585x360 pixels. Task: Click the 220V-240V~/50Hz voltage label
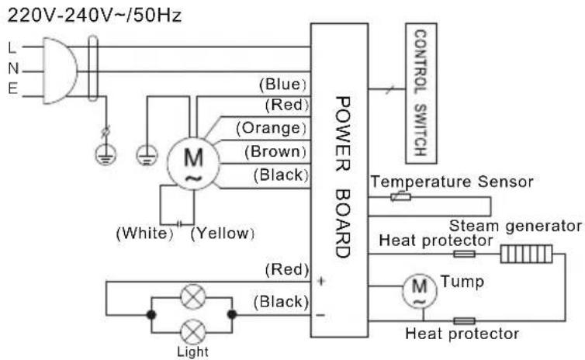[x=95, y=16]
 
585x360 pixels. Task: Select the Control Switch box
[x=421, y=93]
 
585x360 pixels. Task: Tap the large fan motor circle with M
[x=193, y=164]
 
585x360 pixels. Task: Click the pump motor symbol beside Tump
[x=419, y=292]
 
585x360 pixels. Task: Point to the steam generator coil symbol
[x=527, y=254]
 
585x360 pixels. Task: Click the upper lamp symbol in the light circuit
[x=193, y=296]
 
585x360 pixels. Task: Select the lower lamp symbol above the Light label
[x=193, y=331]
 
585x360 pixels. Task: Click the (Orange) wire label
[x=272, y=128]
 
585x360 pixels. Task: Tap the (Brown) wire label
[x=275, y=151]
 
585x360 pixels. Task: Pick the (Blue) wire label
[x=283, y=85]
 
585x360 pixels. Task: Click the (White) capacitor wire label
[x=145, y=234]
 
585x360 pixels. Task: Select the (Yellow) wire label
[x=223, y=234]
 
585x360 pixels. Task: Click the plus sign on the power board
[x=321, y=281]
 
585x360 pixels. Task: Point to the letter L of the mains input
[x=12, y=48]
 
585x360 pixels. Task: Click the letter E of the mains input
[x=12, y=88]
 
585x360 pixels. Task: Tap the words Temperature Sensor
[x=452, y=182]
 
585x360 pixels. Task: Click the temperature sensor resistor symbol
[x=401, y=196]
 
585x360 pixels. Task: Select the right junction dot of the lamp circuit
[x=232, y=314]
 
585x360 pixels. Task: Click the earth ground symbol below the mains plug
[x=106, y=154]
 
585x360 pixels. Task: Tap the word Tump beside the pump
[x=462, y=282]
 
